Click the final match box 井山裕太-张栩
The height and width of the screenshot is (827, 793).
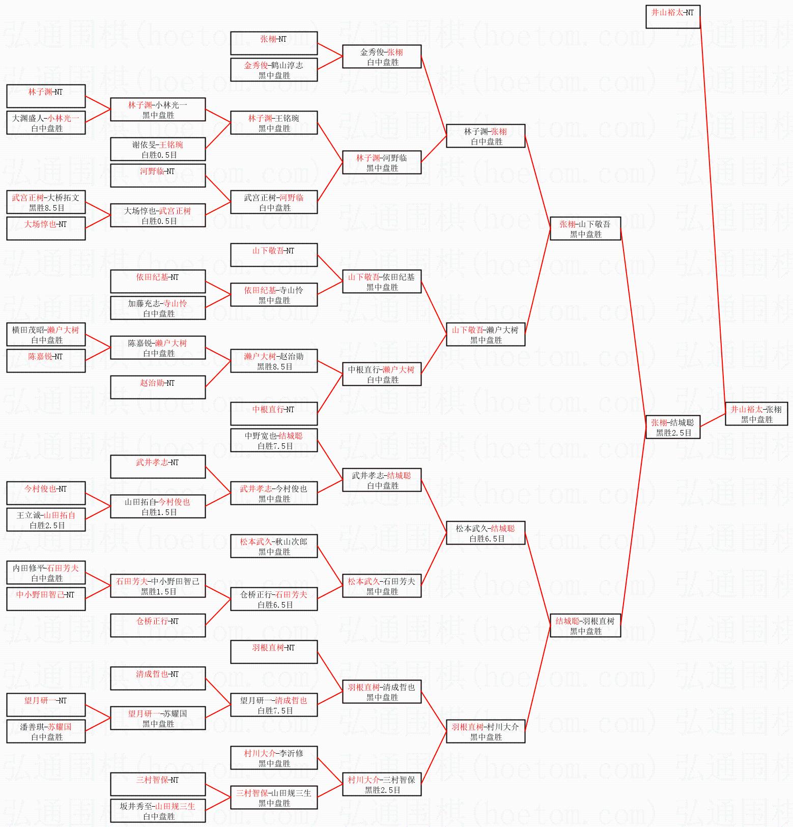point(756,414)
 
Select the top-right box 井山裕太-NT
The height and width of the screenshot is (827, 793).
point(673,17)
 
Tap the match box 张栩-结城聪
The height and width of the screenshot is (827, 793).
point(673,427)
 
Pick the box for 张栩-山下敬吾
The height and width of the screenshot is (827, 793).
point(585,229)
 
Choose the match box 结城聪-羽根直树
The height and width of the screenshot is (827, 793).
point(585,625)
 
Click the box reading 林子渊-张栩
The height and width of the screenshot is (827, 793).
point(486,136)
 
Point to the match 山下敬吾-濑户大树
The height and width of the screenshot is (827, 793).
point(486,334)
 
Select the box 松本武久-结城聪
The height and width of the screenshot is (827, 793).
point(486,533)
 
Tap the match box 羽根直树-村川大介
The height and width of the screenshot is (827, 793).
point(486,731)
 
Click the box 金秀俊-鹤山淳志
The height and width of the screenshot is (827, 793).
point(274,70)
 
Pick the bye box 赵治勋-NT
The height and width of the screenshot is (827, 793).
point(158,387)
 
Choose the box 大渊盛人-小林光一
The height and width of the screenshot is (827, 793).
point(46,123)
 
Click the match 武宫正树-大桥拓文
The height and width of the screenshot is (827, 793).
point(46,202)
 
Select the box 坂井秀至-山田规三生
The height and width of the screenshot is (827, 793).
point(158,811)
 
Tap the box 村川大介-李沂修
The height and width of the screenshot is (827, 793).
point(274,758)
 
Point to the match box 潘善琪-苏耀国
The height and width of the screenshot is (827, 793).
point(46,731)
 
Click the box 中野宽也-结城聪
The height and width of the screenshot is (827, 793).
point(274,440)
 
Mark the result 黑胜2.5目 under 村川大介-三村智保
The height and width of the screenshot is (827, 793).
point(382,790)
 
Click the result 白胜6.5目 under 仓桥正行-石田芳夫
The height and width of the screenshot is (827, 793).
point(275,605)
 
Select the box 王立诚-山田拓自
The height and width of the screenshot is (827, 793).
point(46,520)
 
